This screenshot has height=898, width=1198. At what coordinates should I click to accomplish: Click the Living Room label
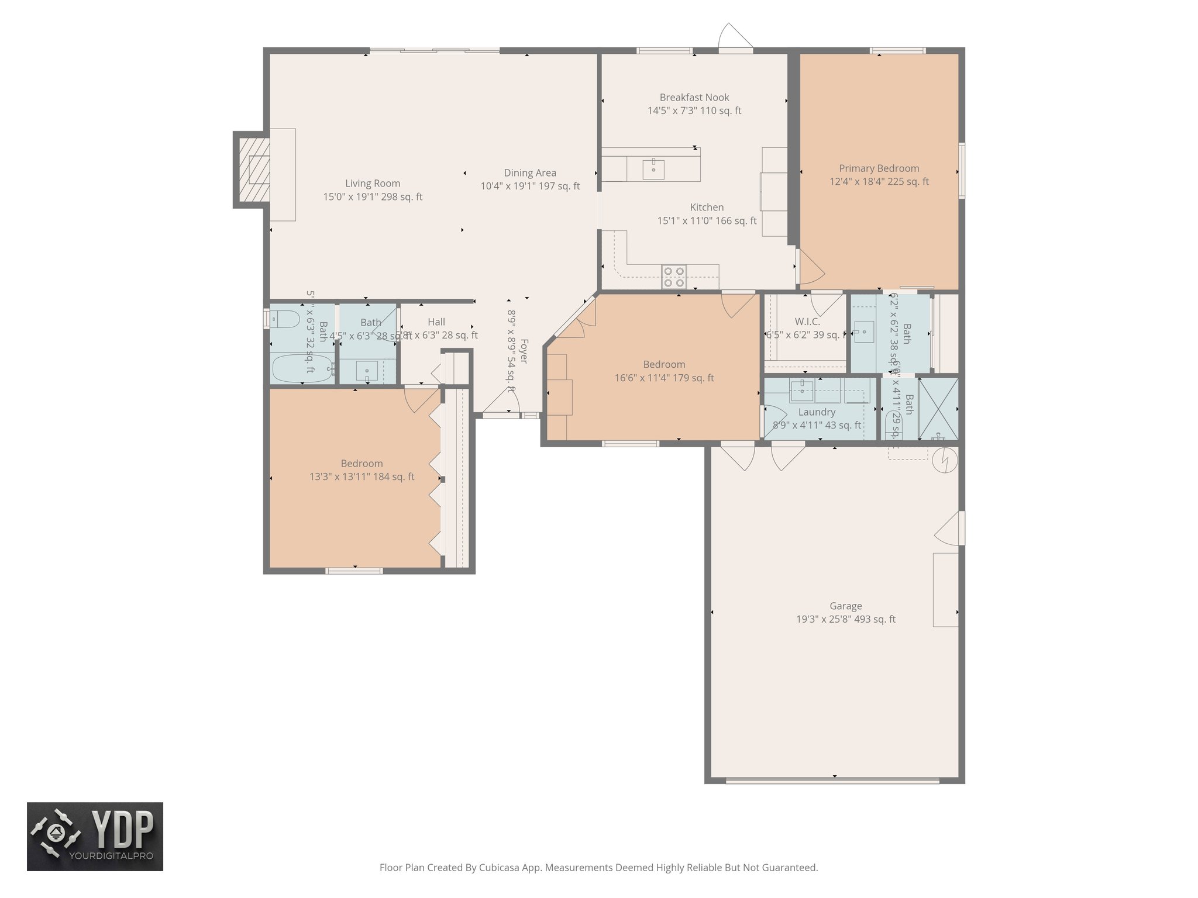click(373, 184)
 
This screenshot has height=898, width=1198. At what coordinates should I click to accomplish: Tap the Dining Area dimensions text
click(530, 186)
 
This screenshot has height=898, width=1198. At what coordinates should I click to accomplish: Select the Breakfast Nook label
click(694, 98)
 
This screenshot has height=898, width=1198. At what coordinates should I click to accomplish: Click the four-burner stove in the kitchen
click(674, 277)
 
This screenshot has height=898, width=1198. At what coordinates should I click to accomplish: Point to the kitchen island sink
click(653, 169)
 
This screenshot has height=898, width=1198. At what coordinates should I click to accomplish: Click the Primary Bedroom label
click(879, 168)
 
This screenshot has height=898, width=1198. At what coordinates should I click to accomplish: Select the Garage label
click(845, 606)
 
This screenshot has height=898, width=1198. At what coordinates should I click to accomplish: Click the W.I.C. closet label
click(807, 322)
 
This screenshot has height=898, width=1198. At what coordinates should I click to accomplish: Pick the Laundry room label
click(817, 412)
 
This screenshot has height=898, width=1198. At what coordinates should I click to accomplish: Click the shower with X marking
click(938, 409)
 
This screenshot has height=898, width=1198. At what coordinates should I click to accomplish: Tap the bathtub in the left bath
click(301, 368)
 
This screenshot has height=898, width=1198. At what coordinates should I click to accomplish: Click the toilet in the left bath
click(284, 319)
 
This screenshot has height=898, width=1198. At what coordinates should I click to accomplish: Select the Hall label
click(436, 322)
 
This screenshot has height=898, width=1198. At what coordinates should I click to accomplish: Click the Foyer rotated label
click(524, 351)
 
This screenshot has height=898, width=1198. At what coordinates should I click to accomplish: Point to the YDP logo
click(95, 836)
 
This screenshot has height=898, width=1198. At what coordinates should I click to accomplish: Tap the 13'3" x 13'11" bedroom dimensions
click(362, 477)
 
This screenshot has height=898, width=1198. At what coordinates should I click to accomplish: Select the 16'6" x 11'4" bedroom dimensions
click(664, 378)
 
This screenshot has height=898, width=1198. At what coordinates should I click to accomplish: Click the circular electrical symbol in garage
click(945, 460)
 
